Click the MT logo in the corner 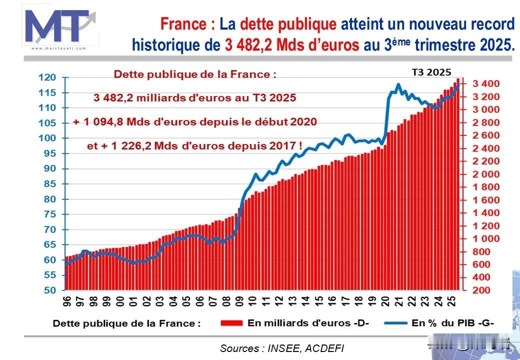[x=59, y=25]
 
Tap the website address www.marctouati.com [x=59, y=48]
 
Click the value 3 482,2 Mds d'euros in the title [x=291, y=45]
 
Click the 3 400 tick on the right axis [x=483, y=83]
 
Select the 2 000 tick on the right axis [x=483, y=174]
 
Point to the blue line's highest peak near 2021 [x=398, y=84]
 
